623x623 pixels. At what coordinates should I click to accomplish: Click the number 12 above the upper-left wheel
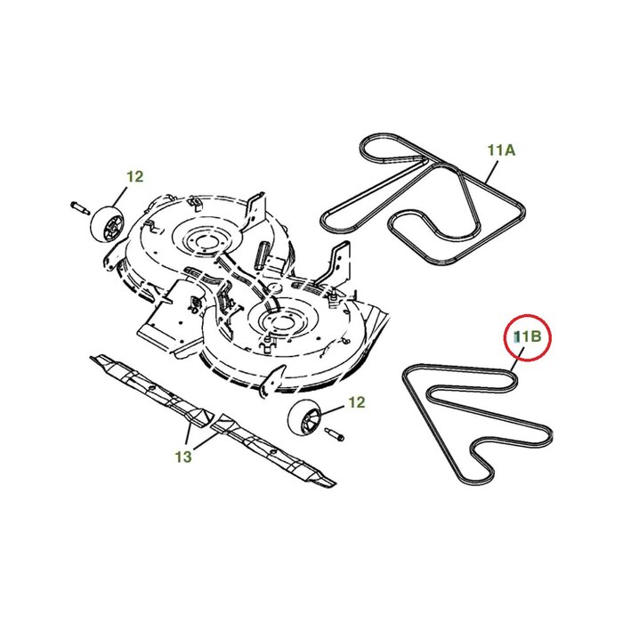(134, 177)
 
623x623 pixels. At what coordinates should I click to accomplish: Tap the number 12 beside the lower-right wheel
(355, 403)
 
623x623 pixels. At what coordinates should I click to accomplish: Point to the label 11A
(501, 150)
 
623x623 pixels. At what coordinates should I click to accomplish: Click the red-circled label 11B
(526, 336)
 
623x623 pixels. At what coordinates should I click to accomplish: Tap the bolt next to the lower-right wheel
(333, 435)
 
